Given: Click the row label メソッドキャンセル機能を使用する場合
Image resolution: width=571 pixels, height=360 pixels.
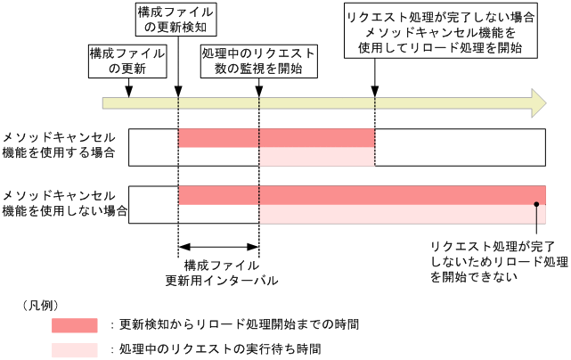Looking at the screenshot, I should click(60, 145).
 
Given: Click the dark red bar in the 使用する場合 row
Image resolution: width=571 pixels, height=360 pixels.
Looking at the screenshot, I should click(276, 138).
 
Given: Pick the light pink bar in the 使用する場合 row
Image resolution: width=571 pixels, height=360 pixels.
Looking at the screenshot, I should click(316, 157).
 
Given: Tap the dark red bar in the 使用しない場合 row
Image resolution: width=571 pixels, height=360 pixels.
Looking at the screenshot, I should click(361, 195).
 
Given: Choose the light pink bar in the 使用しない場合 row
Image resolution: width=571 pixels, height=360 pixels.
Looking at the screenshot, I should click(401, 214).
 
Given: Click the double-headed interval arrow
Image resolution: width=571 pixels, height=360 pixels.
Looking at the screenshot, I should click(218, 248).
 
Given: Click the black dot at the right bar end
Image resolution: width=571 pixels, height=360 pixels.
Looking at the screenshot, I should click(537, 205).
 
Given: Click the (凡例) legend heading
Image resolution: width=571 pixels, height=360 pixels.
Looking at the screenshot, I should click(40, 305).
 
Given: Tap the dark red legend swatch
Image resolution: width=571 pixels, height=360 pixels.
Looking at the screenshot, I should click(75, 324).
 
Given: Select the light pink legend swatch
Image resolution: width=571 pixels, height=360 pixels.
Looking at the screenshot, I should click(75, 348).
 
